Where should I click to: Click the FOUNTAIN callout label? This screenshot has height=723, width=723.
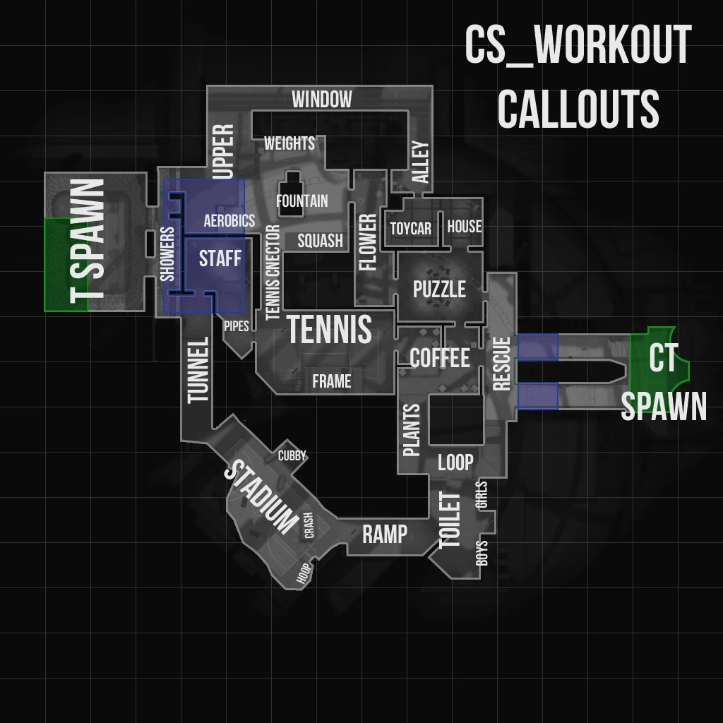pos(301,201)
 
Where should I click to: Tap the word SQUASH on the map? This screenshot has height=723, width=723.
pos(320,241)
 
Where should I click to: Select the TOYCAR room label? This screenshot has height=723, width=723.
pos(410,229)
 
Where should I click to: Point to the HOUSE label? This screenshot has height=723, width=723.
pos(464,227)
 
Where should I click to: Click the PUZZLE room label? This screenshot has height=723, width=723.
pos(439,289)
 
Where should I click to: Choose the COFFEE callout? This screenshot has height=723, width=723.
pos(439,358)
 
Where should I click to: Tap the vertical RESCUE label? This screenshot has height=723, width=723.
pos(501,364)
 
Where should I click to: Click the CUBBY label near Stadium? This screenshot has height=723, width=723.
pos(292,455)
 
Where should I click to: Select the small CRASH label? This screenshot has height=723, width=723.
pos(309,525)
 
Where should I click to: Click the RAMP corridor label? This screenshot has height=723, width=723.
pos(385,534)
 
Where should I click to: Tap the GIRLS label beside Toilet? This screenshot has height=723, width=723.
pos(482,495)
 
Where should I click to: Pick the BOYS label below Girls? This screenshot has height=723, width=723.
pos(482,553)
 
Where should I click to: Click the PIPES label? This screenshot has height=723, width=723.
pos(236,327)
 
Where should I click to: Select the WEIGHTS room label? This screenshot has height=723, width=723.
pos(289,143)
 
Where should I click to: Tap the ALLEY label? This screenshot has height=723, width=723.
pos(420,162)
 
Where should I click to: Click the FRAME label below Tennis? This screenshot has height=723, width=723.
pos(332,382)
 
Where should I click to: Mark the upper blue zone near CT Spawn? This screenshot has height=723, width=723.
pos(538,346)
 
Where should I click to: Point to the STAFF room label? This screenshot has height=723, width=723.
pos(220,258)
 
